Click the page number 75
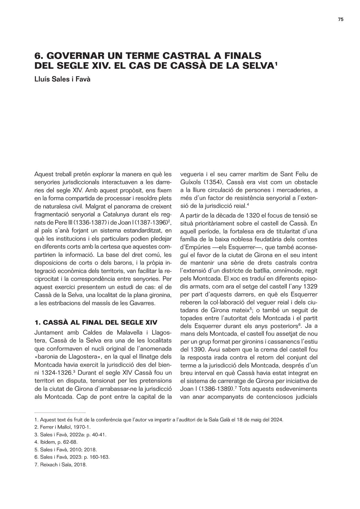[x=340, y=20]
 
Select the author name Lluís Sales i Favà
[x=62, y=79]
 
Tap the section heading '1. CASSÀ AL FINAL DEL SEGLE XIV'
[x=96, y=322]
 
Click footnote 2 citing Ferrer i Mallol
[x=62, y=427]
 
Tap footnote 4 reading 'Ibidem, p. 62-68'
[x=56, y=442]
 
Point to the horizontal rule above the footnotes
[x=60, y=413]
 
